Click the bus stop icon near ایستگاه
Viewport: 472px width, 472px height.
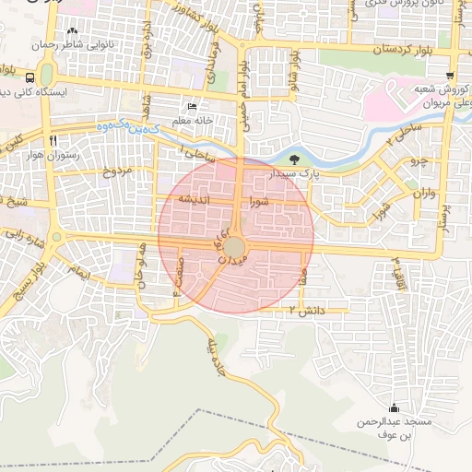coord(31,77)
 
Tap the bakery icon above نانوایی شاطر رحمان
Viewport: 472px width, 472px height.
coord(85,30)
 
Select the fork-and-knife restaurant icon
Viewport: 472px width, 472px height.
coord(54,141)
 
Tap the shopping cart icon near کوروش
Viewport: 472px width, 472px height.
coord(449,77)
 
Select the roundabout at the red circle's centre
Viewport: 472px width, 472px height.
coord(235,247)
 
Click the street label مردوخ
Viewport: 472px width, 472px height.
coord(118,171)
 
